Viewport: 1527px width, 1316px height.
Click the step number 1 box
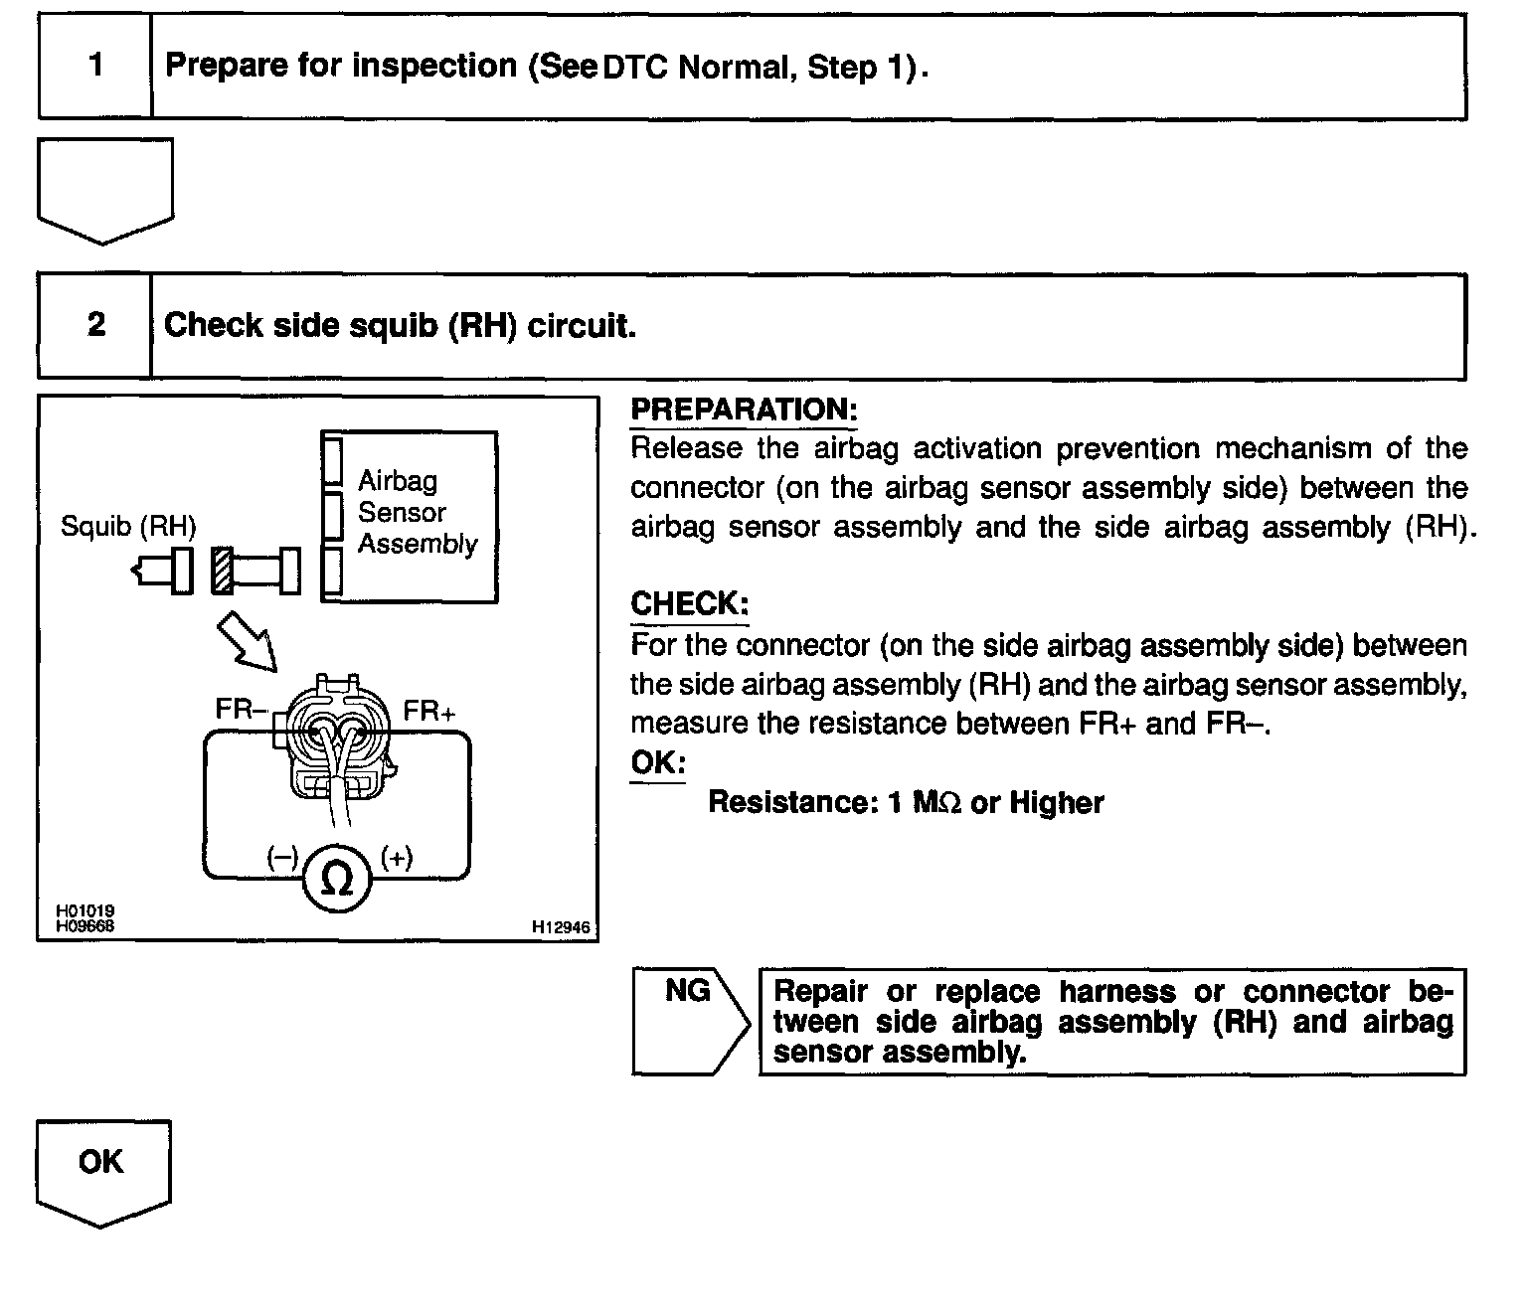95,66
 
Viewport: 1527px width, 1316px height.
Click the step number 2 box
95,325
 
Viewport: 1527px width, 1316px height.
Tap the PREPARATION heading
743,410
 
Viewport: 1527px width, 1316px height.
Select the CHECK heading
689,604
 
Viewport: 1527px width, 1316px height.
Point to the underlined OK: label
657,763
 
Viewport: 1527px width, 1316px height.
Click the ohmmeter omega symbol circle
338,877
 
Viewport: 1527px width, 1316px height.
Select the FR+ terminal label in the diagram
429,712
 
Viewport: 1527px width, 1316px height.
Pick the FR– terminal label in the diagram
242,710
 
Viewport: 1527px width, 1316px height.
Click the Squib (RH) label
128,526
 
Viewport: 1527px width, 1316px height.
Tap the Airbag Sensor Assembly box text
417,513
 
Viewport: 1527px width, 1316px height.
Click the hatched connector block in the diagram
223,571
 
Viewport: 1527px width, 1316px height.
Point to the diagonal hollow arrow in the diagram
246,640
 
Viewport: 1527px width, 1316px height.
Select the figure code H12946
561,927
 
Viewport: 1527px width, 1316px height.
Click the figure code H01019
85,910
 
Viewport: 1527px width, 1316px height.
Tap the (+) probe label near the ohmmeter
396,858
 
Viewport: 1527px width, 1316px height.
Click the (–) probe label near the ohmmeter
282,858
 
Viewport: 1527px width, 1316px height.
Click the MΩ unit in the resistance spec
936,803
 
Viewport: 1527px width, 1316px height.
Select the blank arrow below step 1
104,189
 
